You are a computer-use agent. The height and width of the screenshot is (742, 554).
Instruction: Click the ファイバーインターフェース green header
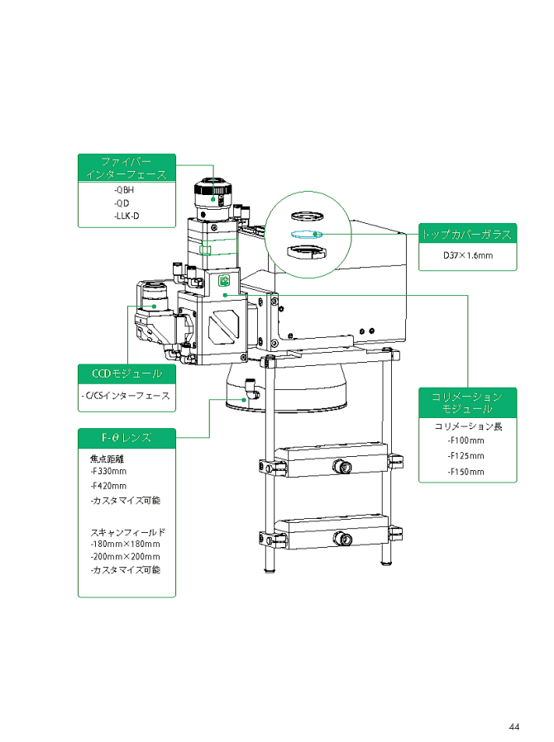click(x=127, y=168)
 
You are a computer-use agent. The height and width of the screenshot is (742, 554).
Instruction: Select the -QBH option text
click(x=124, y=191)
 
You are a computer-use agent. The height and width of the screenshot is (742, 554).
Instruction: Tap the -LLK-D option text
click(x=127, y=216)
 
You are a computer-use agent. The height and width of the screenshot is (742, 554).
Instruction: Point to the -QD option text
click(x=122, y=203)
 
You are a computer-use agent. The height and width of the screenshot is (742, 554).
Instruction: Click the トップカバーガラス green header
click(x=467, y=234)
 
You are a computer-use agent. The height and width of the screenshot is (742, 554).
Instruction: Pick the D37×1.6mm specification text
click(x=467, y=254)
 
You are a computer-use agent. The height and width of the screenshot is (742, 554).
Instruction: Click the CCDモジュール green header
click(x=127, y=373)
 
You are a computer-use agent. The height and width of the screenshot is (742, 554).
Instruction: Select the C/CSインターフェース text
click(x=127, y=396)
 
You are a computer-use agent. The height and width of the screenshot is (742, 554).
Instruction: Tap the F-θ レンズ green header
click(x=127, y=436)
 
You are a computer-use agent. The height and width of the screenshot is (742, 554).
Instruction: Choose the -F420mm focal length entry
click(x=108, y=486)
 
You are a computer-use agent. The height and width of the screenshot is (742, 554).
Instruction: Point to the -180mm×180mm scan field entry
click(x=125, y=544)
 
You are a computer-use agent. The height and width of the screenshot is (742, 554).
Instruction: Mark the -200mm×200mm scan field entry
click(x=125, y=557)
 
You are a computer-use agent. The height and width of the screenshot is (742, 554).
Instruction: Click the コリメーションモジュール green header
click(x=467, y=403)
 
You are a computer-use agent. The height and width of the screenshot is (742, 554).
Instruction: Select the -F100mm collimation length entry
click(x=466, y=440)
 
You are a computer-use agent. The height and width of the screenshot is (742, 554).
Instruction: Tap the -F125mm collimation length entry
click(x=466, y=455)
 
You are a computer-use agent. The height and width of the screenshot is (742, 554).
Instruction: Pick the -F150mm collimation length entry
click(x=466, y=472)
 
